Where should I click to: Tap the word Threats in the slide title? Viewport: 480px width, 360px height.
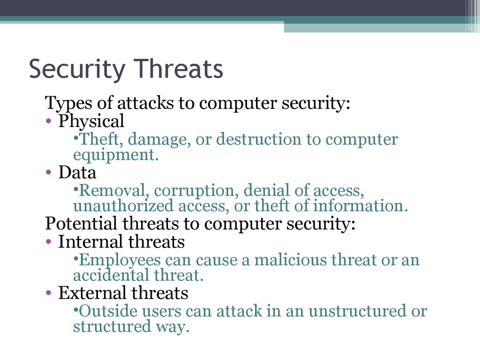(x=179, y=68)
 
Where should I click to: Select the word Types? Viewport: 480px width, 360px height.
(x=68, y=103)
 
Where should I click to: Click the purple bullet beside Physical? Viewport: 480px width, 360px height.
(x=48, y=121)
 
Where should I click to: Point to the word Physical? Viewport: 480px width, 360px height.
(x=91, y=121)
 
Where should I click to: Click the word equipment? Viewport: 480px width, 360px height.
(x=116, y=155)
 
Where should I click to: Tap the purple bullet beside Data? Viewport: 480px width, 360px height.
(x=48, y=172)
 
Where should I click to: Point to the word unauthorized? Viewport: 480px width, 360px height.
(x=123, y=205)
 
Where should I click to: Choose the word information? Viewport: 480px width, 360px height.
(x=360, y=205)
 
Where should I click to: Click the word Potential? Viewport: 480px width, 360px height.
(x=81, y=223)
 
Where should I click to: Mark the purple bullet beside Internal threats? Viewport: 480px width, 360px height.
(x=48, y=242)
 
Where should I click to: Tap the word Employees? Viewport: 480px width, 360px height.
(x=120, y=261)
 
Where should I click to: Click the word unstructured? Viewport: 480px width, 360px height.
(x=358, y=311)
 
